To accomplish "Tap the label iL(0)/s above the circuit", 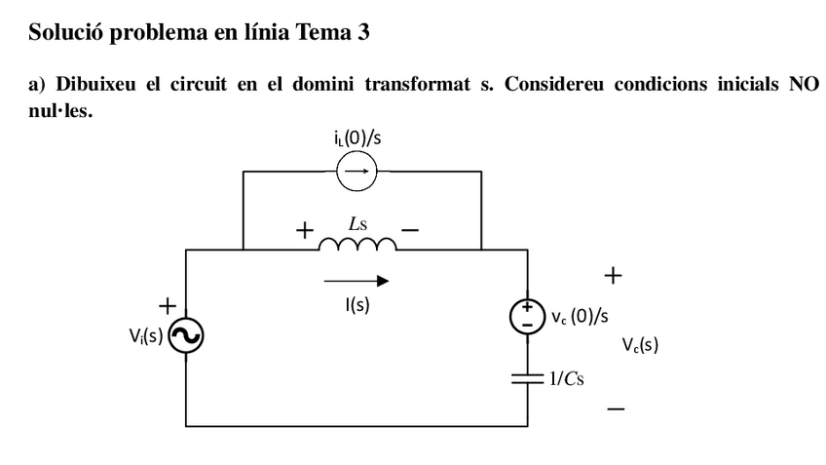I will pos(357,137).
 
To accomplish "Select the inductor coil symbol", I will pos(357,244).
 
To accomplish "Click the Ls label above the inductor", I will pos(357,224).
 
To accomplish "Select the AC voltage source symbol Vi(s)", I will pos(186,337).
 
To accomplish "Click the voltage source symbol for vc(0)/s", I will pos(527,317).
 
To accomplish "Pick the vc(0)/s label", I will pos(580,317).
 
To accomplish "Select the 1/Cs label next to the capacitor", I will pos(567,378).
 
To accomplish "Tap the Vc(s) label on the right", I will pos(640,344).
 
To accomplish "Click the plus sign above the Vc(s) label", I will pos(613,276).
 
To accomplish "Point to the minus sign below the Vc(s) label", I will pos(616,409).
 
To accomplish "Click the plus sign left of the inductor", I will pos(305,232).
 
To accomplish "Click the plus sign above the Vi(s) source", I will pos(168,306).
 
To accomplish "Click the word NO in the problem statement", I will pos(804,84).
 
